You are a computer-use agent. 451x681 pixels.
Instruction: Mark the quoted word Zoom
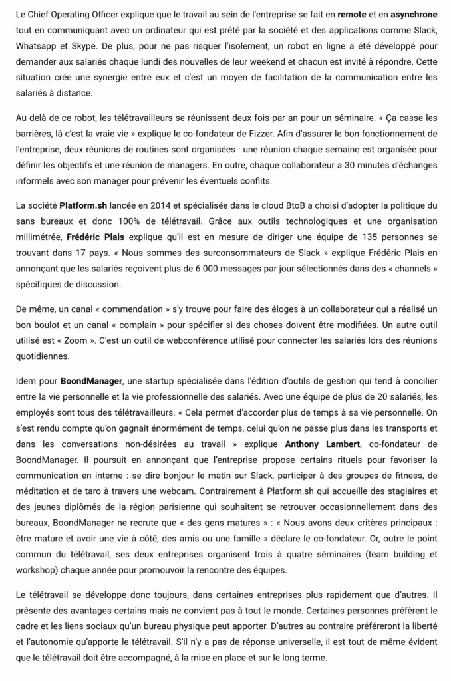pos(73,342)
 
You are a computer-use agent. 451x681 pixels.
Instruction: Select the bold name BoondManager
pos(91,382)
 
